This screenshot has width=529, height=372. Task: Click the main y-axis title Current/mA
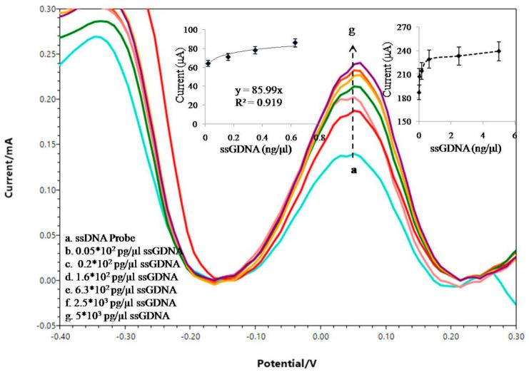[x=9, y=165]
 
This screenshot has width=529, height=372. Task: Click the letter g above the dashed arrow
[x=352, y=32]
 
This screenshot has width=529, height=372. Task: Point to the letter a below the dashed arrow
[x=353, y=170]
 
